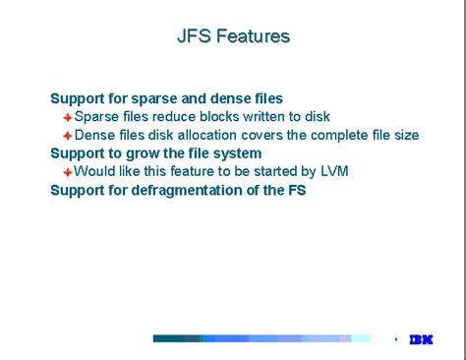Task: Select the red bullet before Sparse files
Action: tap(68, 117)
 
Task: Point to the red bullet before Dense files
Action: tap(68, 136)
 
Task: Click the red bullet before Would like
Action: tap(68, 172)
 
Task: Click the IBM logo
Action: tap(422, 338)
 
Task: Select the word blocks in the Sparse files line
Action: tap(194, 116)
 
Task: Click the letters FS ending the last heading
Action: tap(295, 190)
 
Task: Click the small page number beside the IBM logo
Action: tap(395, 338)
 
